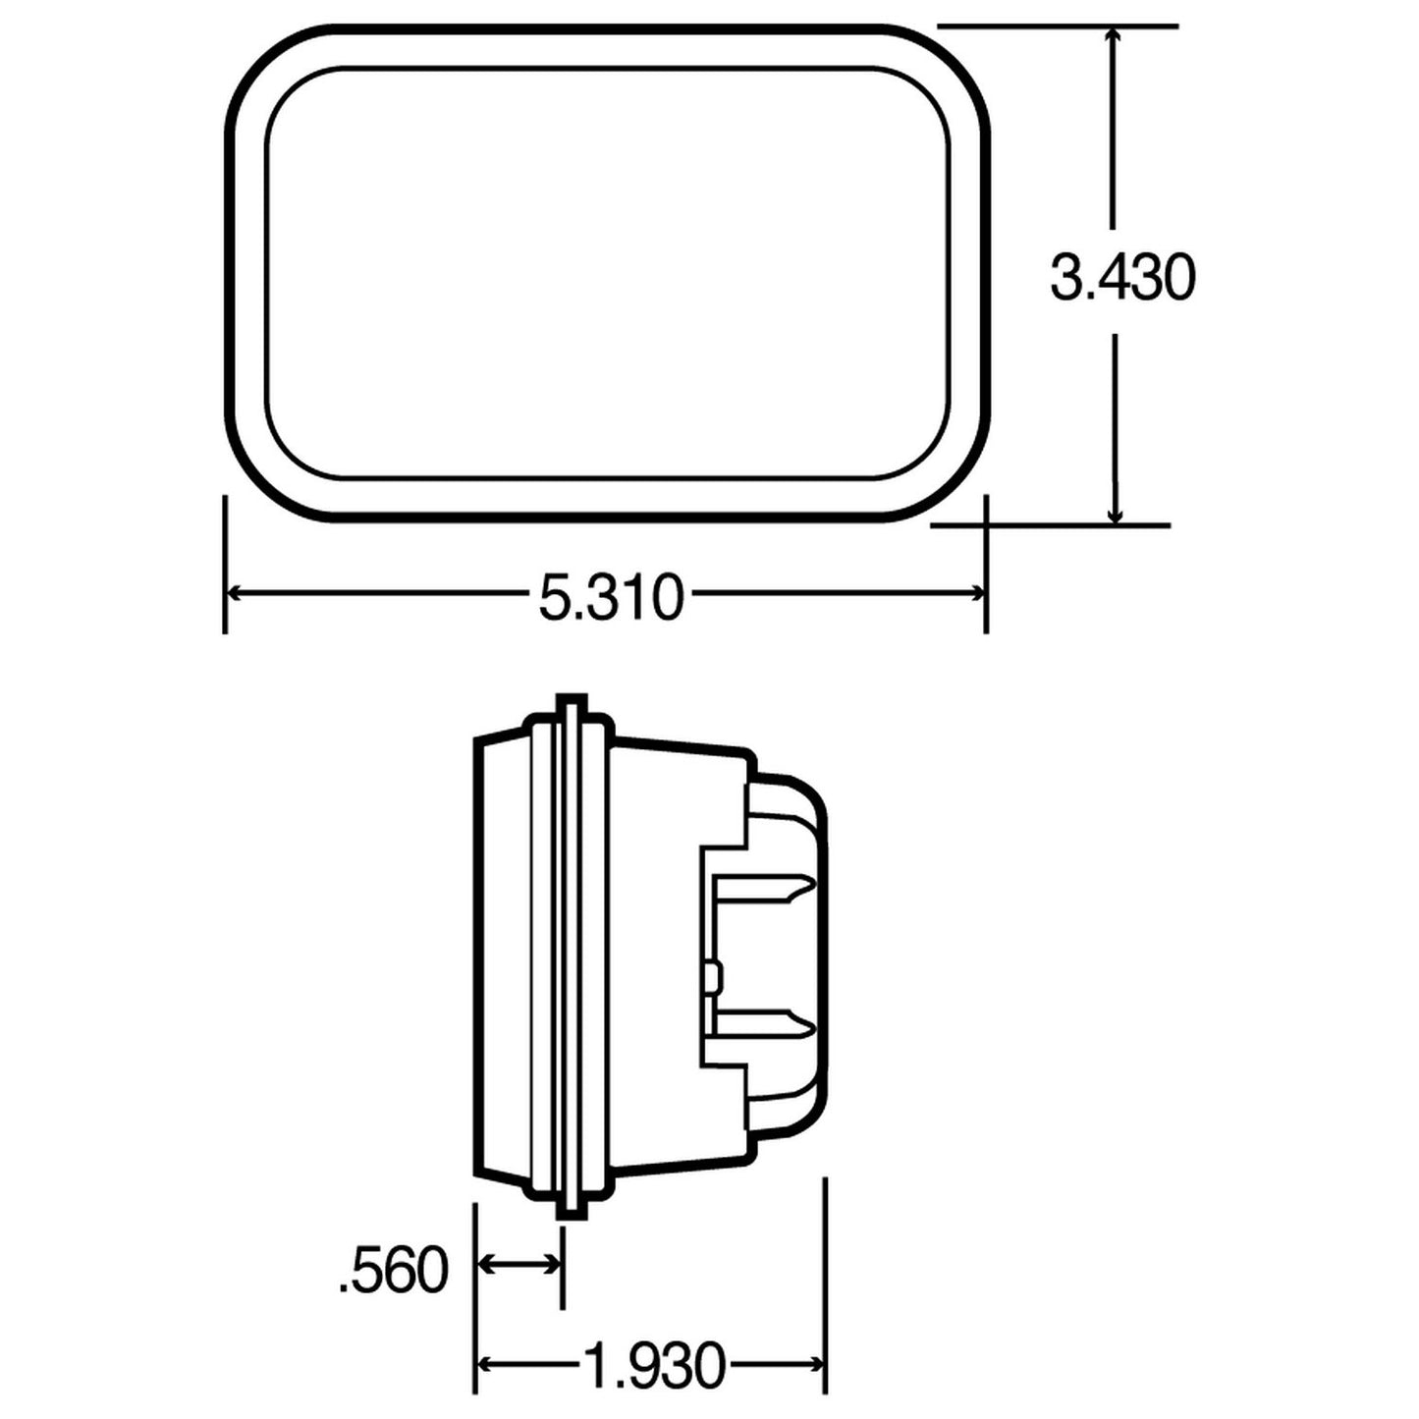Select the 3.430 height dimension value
tap(1122, 278)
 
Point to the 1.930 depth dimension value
tap(653, 1364)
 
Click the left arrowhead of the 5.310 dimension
tap(237, 593)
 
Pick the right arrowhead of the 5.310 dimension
tap(976, 593)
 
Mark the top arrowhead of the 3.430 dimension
tap(1114, 37)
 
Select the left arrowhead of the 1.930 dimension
tap(486, 1363)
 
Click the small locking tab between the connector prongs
tap(715, 978)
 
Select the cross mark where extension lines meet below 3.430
tap(985, 525)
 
